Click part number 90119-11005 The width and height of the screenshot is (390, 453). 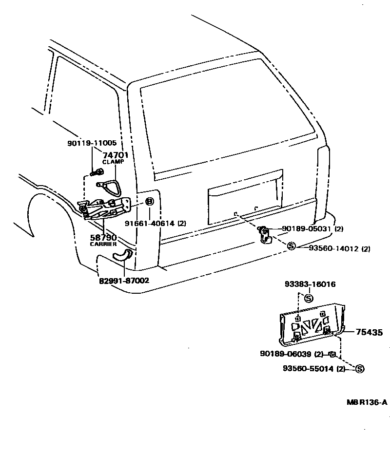click(92, 143)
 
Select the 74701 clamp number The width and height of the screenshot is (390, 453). click(115, 155)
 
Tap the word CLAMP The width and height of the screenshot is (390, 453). click(113, 162)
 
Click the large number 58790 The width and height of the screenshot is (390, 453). click(103, 237)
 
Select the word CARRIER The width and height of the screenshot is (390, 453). click(103, 244)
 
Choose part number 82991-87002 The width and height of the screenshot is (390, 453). click(124, 281)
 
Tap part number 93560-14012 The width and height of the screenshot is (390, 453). click(333, 248)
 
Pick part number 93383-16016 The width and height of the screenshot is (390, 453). click(310, 284)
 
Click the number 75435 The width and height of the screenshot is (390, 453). click(369, 333)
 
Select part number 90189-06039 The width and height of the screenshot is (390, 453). click(292, 354)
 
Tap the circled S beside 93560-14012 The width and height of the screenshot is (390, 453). click(291, 247)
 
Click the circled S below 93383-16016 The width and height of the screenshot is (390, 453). click(308, 298)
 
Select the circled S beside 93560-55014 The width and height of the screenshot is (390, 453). click(360, 369)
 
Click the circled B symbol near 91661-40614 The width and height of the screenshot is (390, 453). click(149, 202)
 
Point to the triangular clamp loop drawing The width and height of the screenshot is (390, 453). click(108, 185)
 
